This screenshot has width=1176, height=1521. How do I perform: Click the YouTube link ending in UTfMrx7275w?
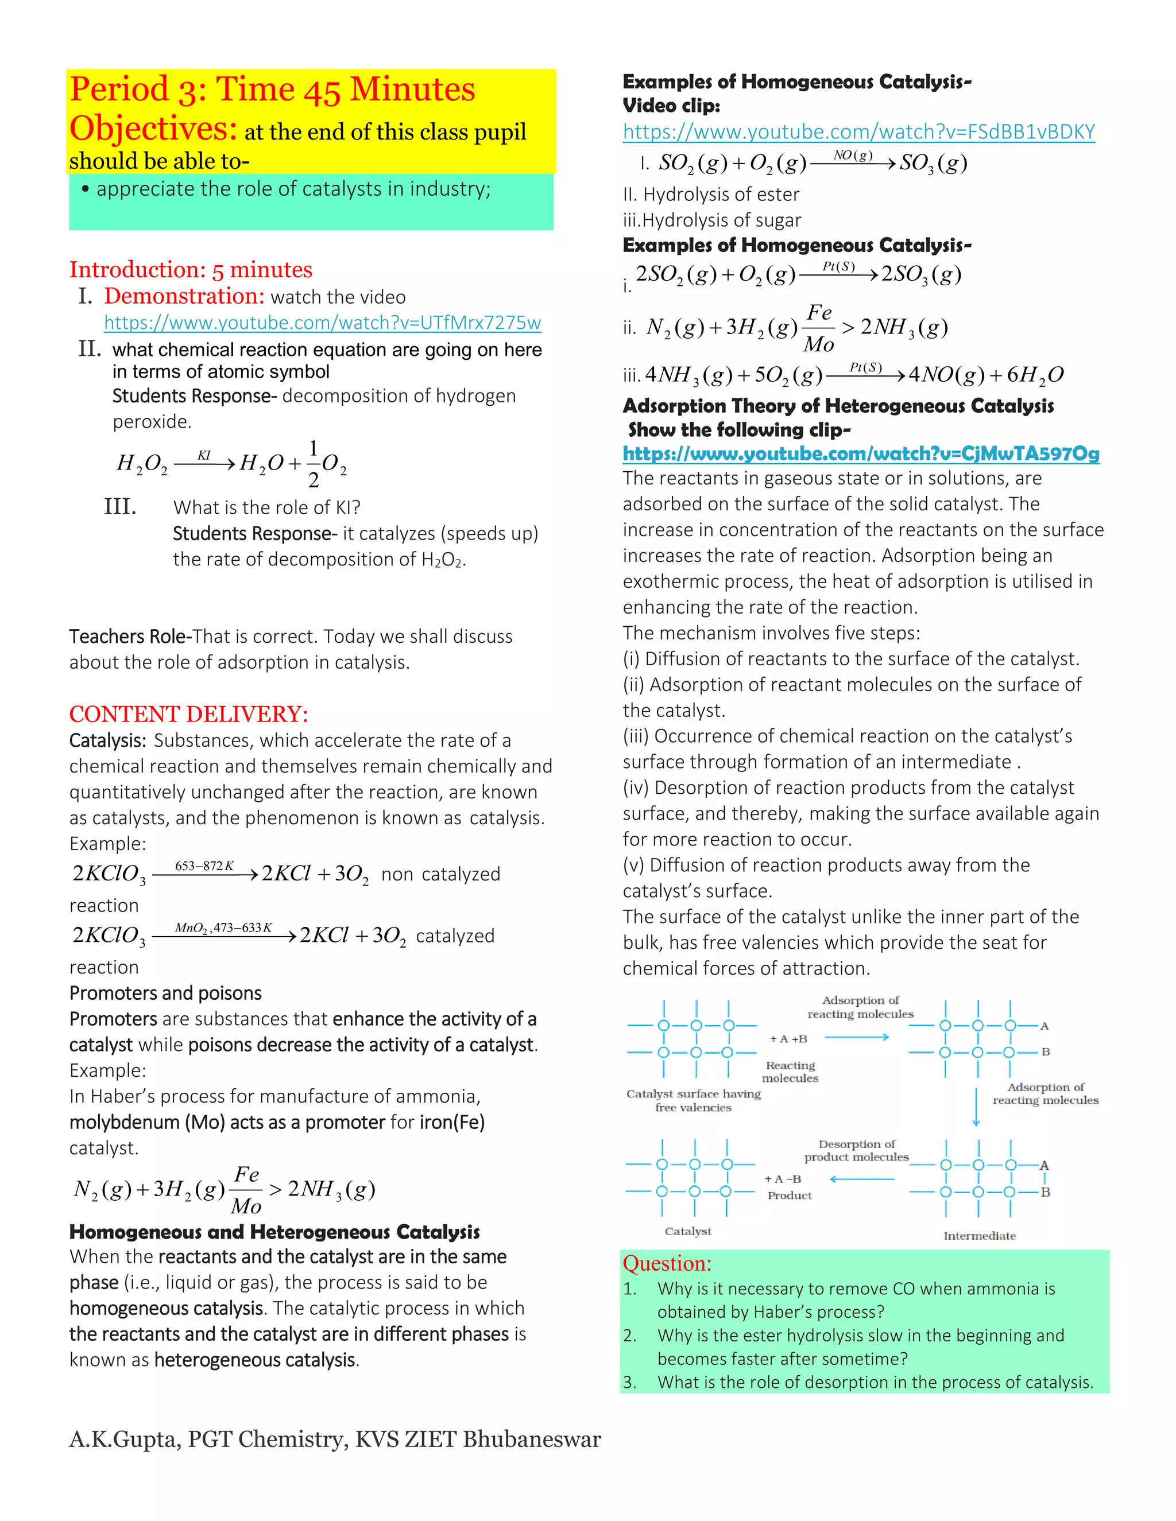pos(322,323)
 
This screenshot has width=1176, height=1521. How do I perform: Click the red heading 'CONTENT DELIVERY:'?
pos(188,714)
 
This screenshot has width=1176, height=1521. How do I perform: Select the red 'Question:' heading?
pos(667,1263)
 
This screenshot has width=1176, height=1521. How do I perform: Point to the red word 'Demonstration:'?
pos(184,297)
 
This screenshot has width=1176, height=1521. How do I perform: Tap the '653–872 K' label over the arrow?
pos(204,866)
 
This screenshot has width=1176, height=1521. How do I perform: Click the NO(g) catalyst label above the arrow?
pos(853,156)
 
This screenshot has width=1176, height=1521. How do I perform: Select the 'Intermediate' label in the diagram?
pos(979,1236)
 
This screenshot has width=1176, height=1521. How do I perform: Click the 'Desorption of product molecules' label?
pos(856,1150)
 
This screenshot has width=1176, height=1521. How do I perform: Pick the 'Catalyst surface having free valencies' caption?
pos(693,1100)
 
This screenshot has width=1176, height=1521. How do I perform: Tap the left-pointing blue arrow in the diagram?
pos(862,1179)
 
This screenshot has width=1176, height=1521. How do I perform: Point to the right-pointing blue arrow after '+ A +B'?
pos(856,1038)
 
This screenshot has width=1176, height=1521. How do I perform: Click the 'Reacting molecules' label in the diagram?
pos(790,1072)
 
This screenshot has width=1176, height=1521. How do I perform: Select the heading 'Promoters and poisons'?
pos(165,993)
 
